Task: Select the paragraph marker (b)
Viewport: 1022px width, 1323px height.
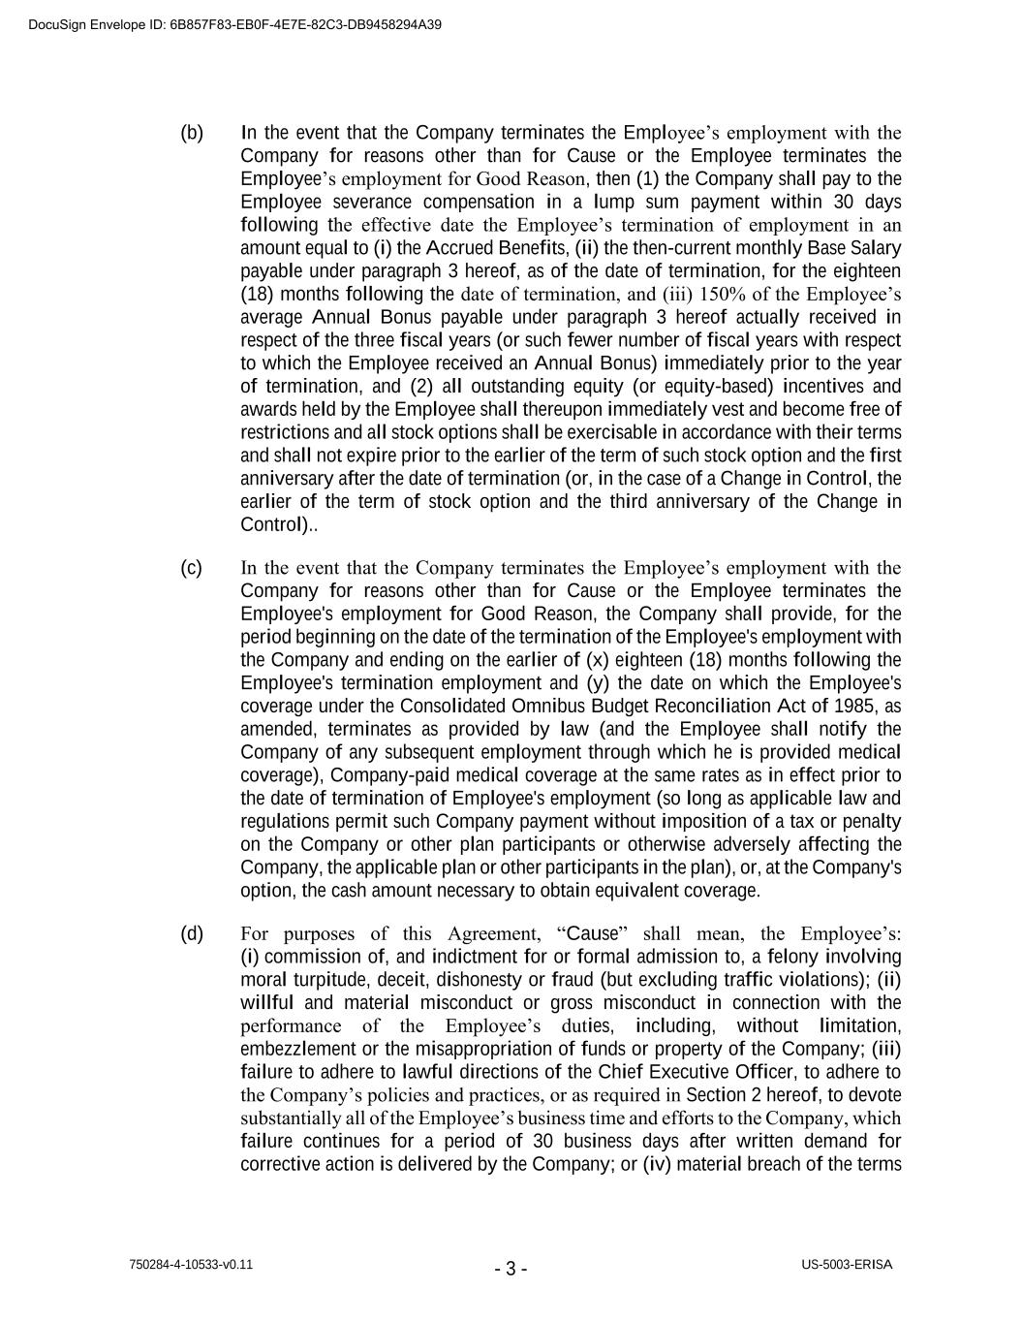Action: coord(192,133)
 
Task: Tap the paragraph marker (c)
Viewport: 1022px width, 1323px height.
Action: coord(192,568)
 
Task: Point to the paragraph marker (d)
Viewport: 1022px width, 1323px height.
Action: coord(192,933)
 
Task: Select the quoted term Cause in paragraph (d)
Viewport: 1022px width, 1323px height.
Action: coord(592,933)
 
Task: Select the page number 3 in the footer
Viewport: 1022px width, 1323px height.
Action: coord(511,1269)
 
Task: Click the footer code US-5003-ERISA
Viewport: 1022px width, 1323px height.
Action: coord(847,1265)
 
